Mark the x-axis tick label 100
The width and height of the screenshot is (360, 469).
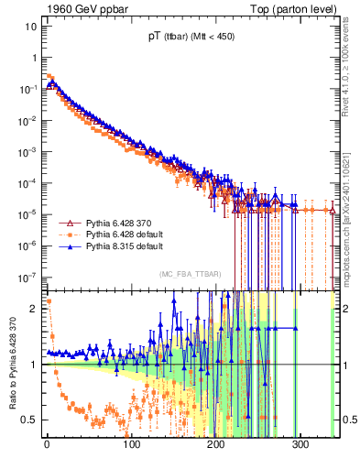pyautogui.click(x=131, y=446)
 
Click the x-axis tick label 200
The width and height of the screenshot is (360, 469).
pyautogui.click(x=216, y=446)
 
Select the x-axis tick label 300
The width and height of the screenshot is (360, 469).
pyautogui.click(x=301, y=446)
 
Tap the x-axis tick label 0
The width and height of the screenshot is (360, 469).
pyautogui.click(x=46, y=446)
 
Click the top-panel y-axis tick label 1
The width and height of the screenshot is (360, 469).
pyautogui.click(x=34, y=58)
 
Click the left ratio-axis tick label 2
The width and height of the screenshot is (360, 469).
pyautogui.click(x=34, y=309)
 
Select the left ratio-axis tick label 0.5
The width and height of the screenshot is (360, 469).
pyautogui.click(x=30, y=420)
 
